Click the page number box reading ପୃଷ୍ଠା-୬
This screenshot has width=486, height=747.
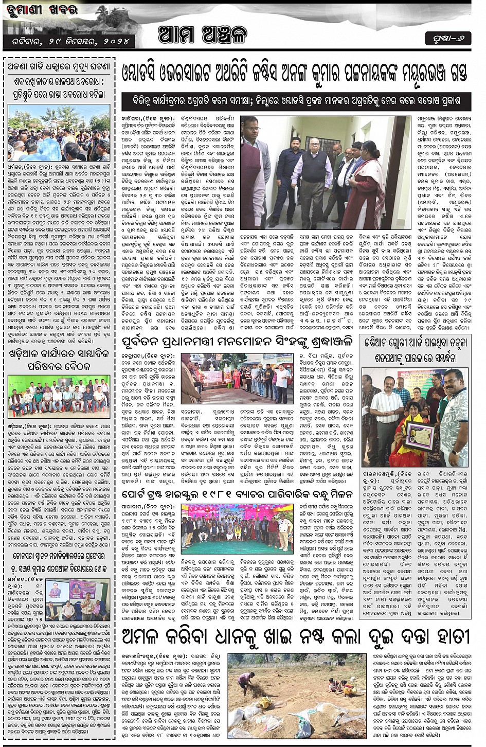(448, 39)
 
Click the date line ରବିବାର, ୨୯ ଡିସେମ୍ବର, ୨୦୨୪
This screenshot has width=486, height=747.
(69, 41)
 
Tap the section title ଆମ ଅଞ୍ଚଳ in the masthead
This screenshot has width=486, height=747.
(203, 34)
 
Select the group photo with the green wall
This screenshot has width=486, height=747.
(59, 395)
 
